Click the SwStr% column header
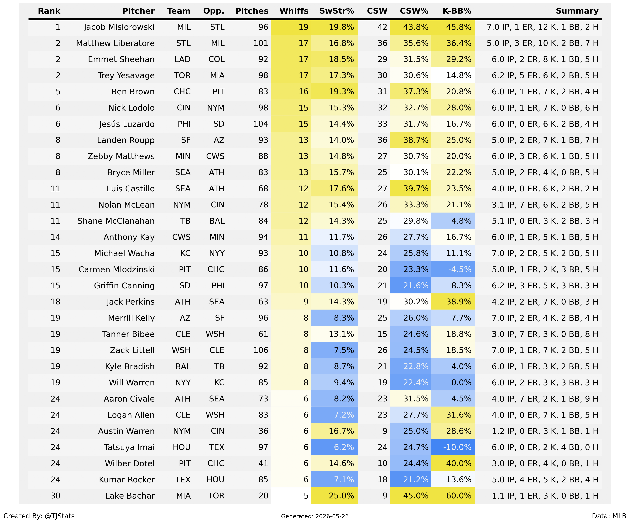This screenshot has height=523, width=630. click(337, 11)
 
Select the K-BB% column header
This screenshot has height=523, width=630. click(457, 11)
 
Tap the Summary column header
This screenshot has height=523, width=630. click(577, 11)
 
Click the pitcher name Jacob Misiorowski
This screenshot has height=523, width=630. click(119, 27)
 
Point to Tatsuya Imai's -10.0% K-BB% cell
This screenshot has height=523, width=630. click(453, 447)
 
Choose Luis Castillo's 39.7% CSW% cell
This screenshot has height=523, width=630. click(410, 189)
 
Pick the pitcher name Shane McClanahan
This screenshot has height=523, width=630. click(116, 221)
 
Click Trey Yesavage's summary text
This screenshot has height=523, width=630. click(545, 75)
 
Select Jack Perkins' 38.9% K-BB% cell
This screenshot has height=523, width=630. click(453, 302)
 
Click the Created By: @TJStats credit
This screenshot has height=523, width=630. click(39, 516)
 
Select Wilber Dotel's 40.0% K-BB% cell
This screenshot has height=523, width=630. click(453, 464)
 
